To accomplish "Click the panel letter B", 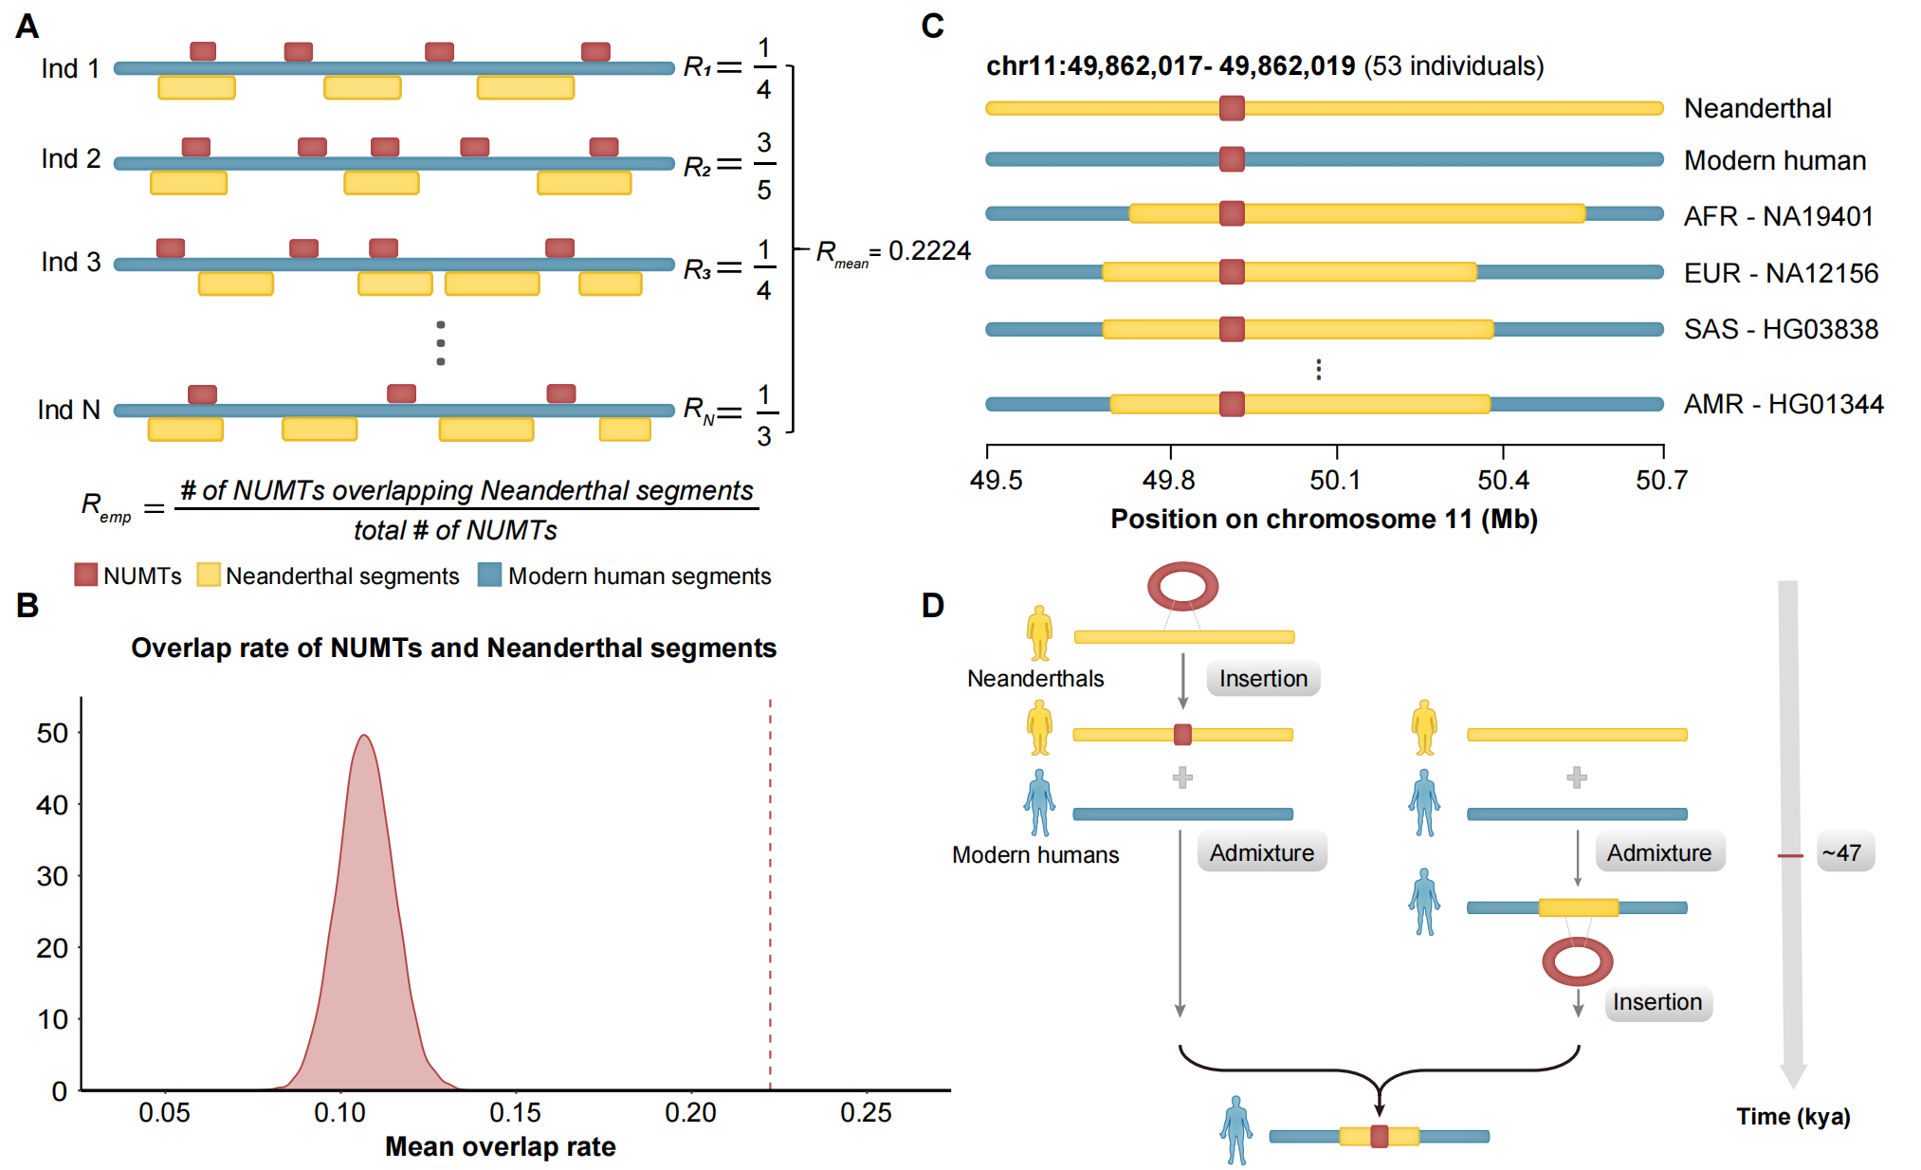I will [27, 606].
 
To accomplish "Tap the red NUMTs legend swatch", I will [86, 576].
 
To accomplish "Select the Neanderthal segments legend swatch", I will [209, 576].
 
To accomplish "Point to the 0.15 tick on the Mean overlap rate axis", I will [516, 1111].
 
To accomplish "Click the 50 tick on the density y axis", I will [53, 733].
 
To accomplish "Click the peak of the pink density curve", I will [364, 736].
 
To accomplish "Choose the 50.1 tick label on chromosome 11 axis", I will [1335, 481].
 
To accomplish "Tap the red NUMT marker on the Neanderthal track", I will [1232, 108].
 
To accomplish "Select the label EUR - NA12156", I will [1780, 273].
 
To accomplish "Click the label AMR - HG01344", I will [1783, 405].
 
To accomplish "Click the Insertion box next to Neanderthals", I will [1263, 679].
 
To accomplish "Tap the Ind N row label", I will [68, 410].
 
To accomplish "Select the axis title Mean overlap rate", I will [500, 1147].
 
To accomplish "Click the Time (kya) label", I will [1793, 1117].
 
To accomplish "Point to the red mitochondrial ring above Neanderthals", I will [1182, 586].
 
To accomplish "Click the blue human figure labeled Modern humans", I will [1039, 802].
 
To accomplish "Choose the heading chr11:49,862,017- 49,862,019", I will [1170, 66].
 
